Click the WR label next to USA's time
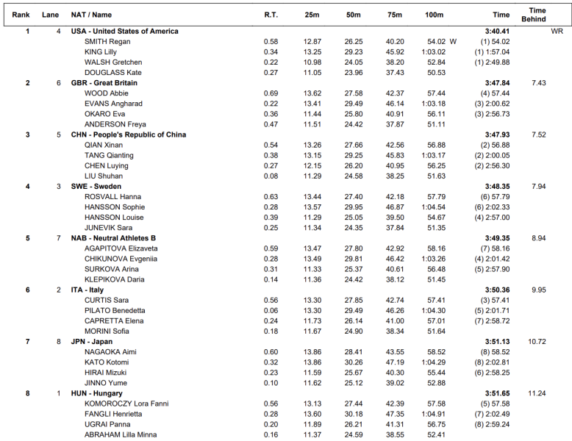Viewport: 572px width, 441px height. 557,32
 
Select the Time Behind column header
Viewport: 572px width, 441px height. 538,15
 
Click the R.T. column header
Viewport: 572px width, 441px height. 271,15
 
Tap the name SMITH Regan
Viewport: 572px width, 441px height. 107,42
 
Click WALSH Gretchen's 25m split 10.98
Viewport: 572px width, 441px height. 312,62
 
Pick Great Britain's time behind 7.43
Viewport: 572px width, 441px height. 538,83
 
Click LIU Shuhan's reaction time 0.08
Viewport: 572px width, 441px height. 271,176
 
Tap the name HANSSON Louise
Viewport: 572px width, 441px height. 114,218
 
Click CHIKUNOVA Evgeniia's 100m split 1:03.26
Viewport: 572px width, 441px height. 434,259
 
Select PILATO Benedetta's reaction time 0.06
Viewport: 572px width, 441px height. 271,311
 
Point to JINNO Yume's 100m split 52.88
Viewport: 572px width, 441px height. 436,383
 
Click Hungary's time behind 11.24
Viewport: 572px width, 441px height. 537,393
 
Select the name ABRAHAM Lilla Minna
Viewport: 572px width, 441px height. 121,434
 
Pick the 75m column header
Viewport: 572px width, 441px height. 395,15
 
